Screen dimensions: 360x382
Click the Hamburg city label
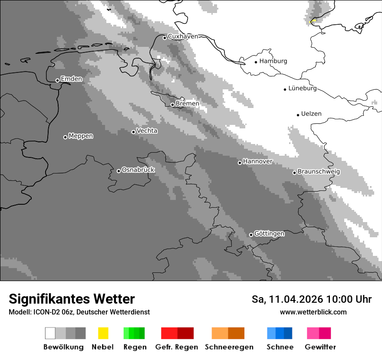pos(273,61)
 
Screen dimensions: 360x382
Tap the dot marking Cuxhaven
pos(165,38)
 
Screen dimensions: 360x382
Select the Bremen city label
pos(188,104)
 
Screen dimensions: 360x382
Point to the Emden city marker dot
pos(57,80)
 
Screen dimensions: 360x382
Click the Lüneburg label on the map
pos(302,88)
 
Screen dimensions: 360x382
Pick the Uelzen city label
pos(311,114)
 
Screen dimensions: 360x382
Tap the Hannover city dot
pos(240,163)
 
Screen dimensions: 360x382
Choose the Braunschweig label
pos(319,172)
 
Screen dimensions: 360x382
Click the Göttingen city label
pos(269,234)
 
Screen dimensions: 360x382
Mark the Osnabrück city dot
pos(119,171)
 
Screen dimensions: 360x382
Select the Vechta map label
pos(147,131)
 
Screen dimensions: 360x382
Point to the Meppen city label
pos(81,136)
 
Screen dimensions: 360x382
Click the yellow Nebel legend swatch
pos(103,333)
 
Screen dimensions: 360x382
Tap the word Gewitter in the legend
pos(320,347)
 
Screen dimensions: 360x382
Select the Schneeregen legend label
pos(229,347)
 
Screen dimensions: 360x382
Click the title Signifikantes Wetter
pos(72,299)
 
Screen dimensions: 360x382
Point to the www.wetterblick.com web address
pos(313,312)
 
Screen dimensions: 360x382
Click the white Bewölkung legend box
pos(50,333)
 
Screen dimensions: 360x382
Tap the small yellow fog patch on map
pos(312,21)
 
